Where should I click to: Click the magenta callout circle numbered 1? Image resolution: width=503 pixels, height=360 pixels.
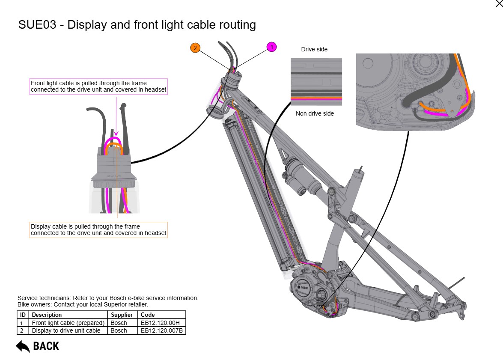(x=272, y=47)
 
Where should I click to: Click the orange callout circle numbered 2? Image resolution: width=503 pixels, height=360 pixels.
(x=195, y=48)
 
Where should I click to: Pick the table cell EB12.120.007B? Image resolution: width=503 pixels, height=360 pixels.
(x=162, y=330)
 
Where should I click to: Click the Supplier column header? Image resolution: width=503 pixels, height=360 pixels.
(x=122, y=315)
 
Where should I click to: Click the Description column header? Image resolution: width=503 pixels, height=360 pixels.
(x=47, y=315)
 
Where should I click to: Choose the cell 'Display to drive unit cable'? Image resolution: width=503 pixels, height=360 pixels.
(x=66, y=330)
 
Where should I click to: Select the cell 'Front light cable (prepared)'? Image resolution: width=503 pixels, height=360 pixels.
(x=68, y=323)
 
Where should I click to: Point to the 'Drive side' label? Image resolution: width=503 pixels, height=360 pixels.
(x=314, y=49)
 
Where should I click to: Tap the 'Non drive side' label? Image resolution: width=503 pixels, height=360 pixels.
(x=315, y=113)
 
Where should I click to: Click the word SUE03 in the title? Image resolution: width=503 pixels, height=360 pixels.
(x=37, y=25)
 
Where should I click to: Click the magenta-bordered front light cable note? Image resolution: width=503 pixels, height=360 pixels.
(x=98, y=86)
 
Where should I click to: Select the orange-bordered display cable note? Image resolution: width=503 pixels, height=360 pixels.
(x=98, y=230)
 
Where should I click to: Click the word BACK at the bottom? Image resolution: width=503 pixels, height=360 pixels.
(x=46, y=346)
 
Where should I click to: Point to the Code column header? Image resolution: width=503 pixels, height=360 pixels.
(x=148, y=315)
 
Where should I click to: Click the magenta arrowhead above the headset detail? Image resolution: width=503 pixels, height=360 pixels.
(x=116, y=134)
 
